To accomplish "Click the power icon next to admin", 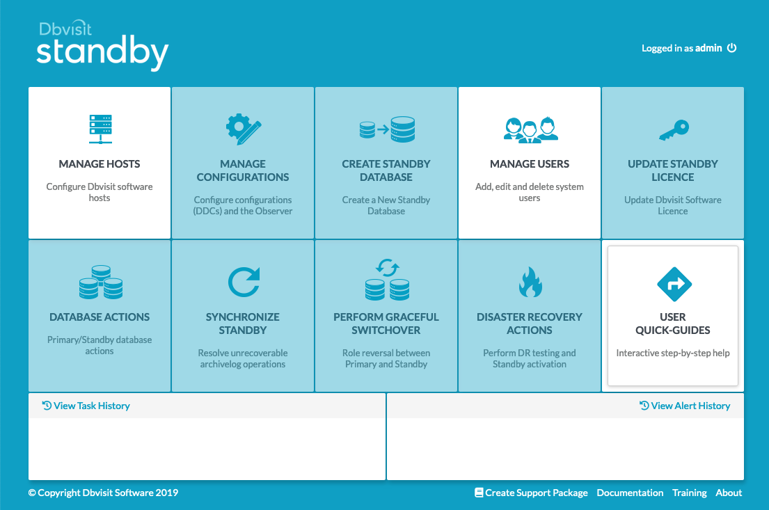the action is point(731,47).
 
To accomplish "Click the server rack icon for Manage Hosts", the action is point(100,129).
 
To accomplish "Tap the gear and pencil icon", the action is point(244,129).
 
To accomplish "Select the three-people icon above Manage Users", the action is point(531,130).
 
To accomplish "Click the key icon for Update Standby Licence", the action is point(674,130).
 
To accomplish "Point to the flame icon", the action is point(530,282).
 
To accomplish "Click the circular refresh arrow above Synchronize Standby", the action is point(244,282).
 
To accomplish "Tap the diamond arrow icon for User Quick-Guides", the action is point(674,284).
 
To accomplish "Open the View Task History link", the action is point(86,406).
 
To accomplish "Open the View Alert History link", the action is point(685,406).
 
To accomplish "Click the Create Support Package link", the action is point(531,493).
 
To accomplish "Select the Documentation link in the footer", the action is point(631,493).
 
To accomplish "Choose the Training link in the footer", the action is point(690,493).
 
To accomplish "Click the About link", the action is point(729,493).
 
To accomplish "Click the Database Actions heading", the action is point(100,317).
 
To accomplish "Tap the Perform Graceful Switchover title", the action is point(386,324).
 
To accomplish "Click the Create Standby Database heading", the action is point(386,170).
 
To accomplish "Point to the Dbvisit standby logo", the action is point(102,46).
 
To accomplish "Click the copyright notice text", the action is point(103,493).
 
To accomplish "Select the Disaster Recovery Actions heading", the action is point(530,324).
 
